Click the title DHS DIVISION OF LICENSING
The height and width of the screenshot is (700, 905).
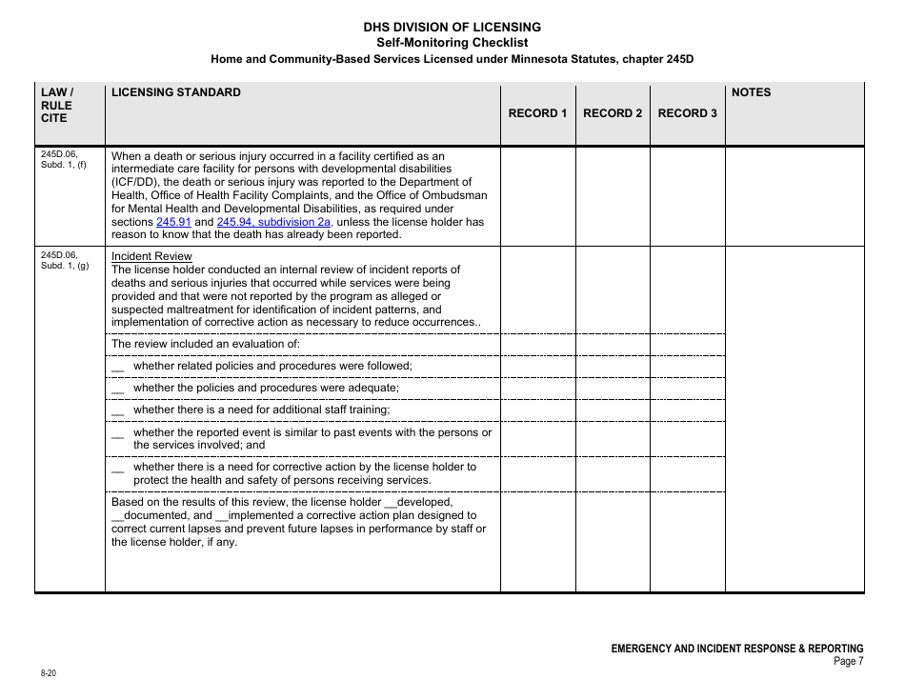point(452,27)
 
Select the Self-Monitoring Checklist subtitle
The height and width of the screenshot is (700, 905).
point(452,42)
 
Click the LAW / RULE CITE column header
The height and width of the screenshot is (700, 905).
point(56,105)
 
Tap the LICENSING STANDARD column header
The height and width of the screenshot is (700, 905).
point(176,92)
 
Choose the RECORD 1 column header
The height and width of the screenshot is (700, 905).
point(537,113)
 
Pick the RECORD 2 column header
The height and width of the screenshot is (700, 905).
point(613,113)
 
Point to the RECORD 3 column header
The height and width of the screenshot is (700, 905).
point(687,113)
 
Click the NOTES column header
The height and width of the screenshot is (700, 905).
point(751,92)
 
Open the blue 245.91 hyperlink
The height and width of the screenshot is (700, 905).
point(173,222)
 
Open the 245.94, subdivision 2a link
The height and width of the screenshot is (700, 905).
point(273,222)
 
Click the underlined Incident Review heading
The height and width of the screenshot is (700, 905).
point(151,256)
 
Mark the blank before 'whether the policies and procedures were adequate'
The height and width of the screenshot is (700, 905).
point(118,390)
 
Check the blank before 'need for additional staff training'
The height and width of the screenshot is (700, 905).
point(118,411)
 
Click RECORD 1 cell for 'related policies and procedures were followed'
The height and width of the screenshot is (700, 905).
point(537,366)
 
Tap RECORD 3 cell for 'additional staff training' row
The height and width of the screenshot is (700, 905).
point(687,410)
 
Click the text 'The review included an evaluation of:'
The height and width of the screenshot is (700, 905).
point(206,344)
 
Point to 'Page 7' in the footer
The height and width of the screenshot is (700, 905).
point(848,662)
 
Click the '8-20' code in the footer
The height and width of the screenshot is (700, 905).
point(49,673)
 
